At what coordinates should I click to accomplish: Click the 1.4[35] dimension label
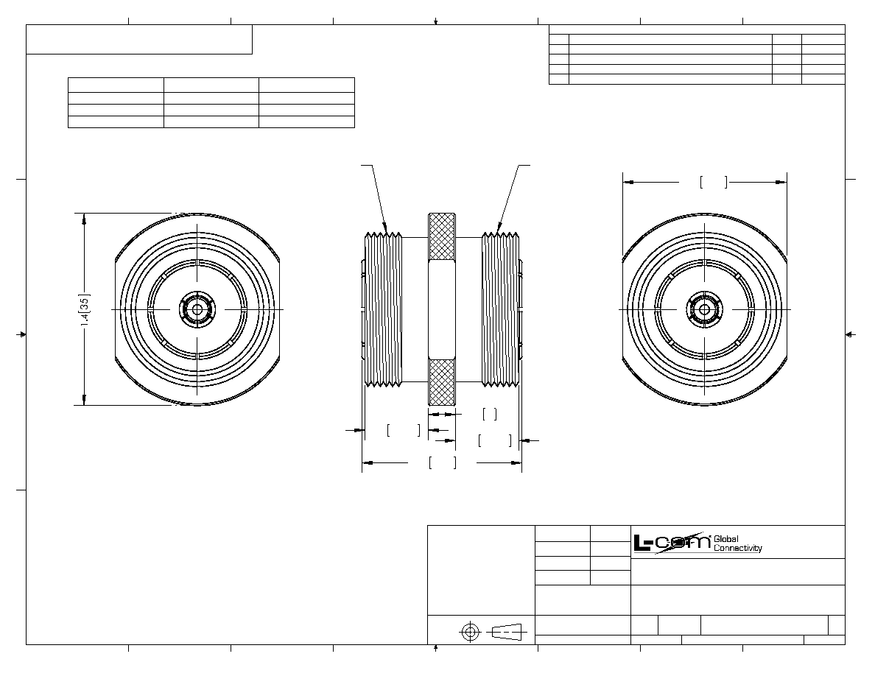click(85, 309)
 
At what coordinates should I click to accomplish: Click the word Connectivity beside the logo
click(738, 549)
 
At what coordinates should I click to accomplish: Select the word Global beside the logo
click(726, 539)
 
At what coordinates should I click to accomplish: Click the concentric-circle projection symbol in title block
click(470, 632)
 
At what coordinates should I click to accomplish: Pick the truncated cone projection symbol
click(507, 632)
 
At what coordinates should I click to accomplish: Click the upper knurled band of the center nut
click(441, 237)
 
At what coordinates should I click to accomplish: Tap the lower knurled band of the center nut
click(441, 382)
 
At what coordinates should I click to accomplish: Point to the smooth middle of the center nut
click(441, 309)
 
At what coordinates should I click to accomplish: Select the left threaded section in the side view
click(384, 309)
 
